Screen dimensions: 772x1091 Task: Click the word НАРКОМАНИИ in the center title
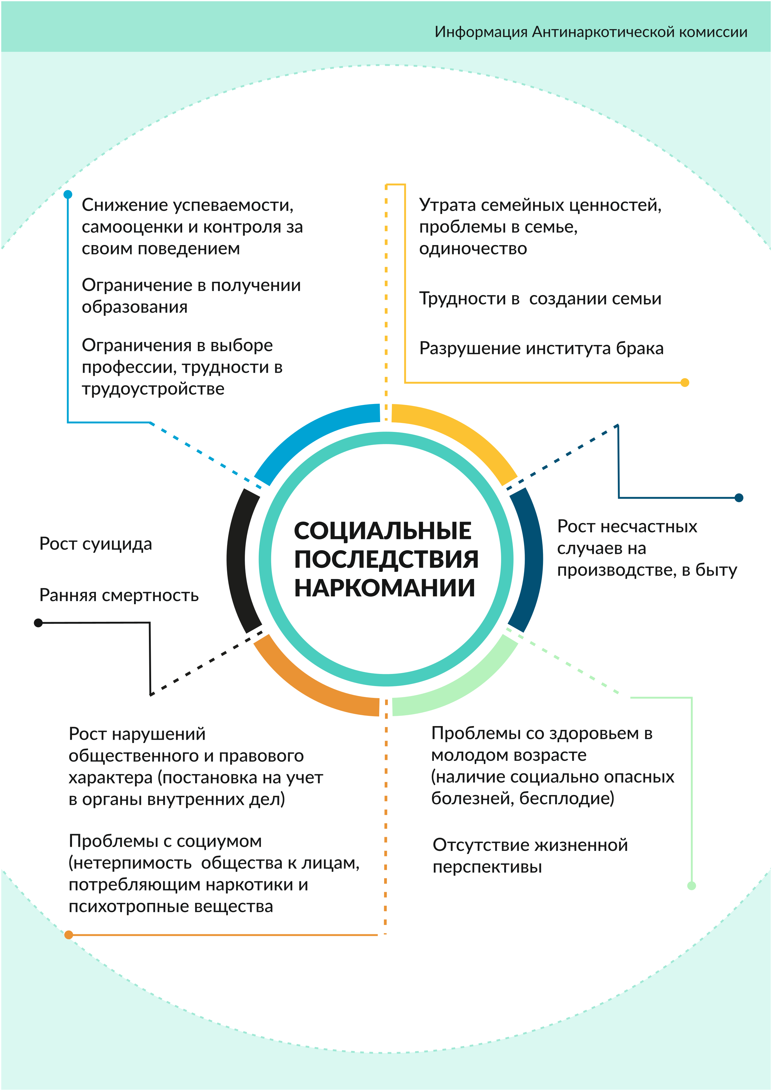(384, 588)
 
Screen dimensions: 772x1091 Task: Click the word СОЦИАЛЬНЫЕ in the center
(383, 531)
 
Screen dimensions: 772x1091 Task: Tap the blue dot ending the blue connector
(68, 195)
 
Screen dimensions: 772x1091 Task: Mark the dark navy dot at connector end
(739, 498)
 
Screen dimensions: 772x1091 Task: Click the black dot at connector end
(38, 623)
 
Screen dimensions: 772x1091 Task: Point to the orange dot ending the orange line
(69, 935)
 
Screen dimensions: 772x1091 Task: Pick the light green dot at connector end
(692, 886)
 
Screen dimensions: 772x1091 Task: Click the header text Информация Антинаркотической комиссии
(591, 32)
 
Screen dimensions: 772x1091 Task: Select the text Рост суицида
(96, 544)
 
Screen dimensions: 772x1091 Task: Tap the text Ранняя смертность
(119, 595)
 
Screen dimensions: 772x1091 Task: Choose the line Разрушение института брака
(541, 348)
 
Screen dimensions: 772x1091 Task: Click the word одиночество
(473, 249)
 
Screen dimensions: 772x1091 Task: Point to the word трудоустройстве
(153, 389)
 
